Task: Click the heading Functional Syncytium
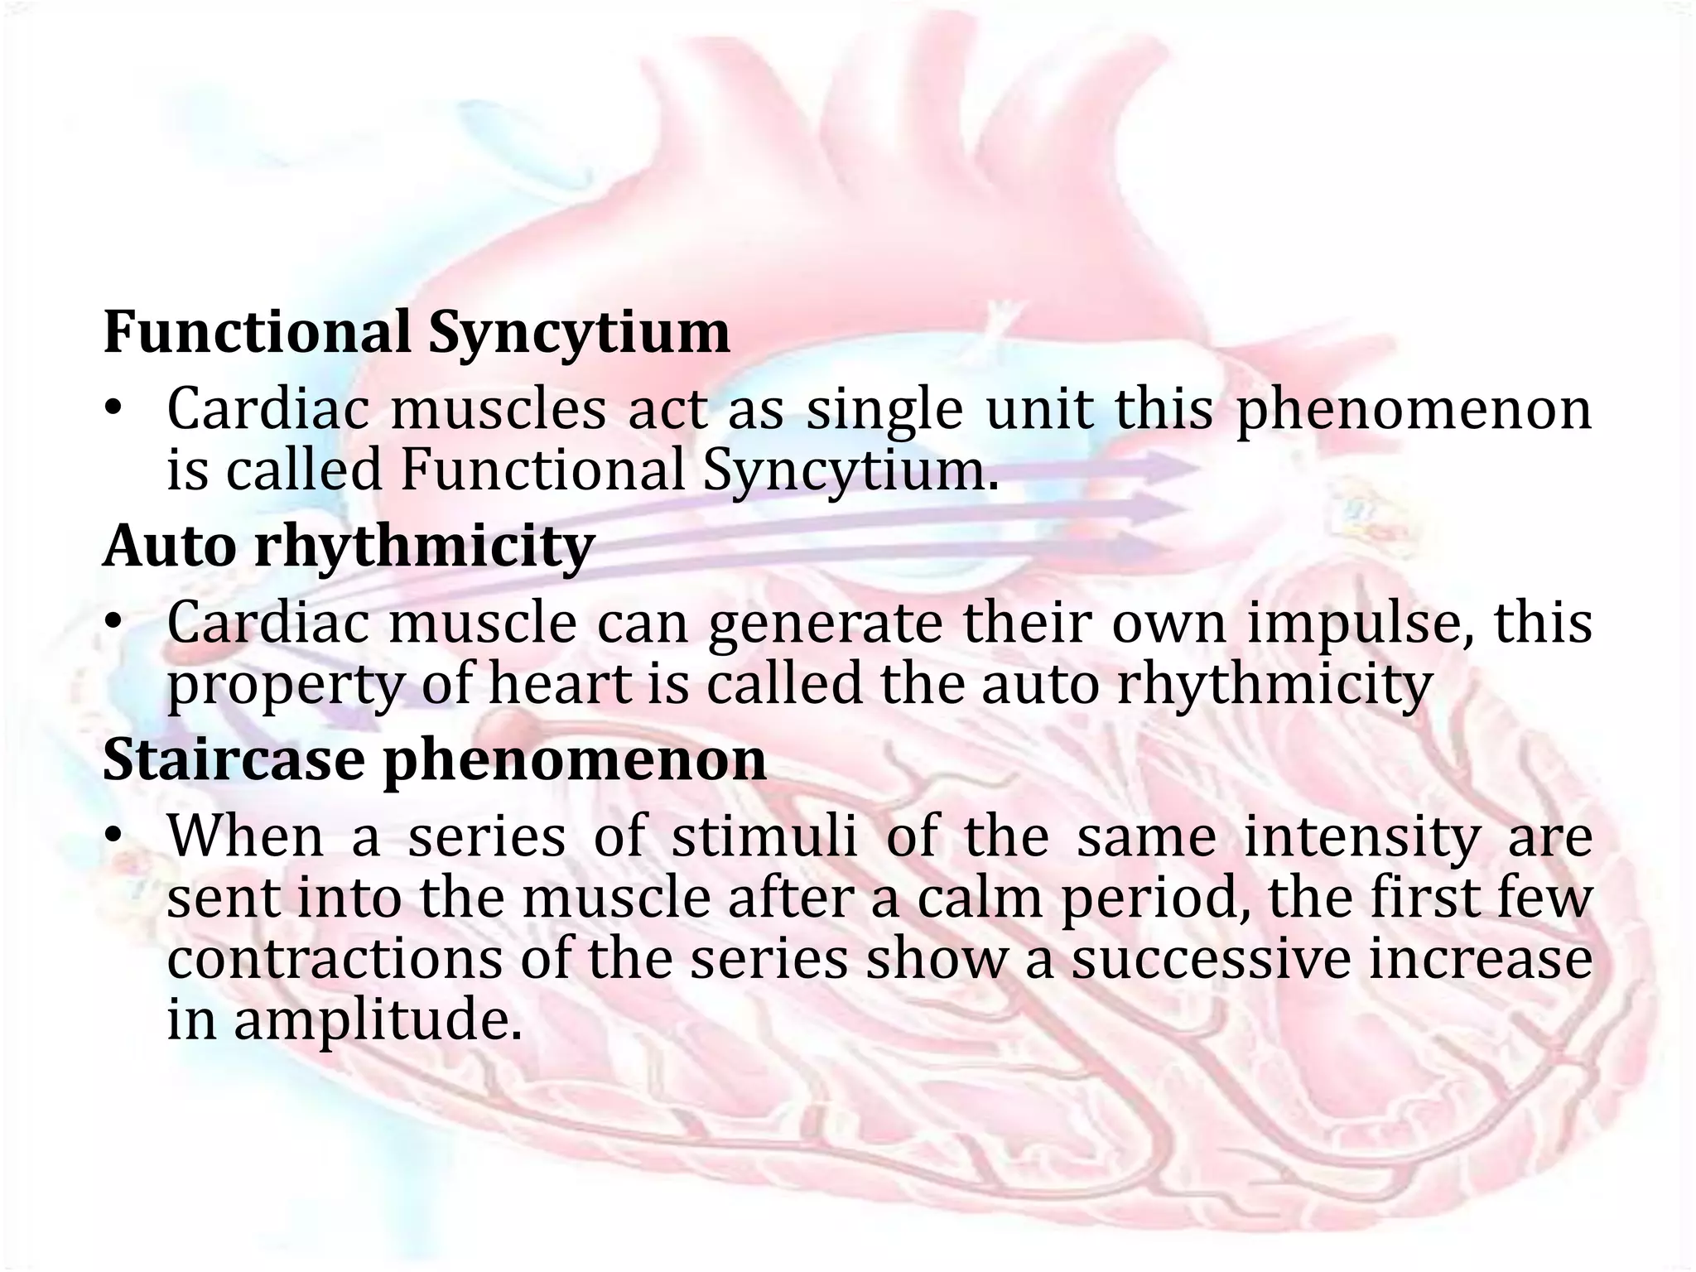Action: coord(417,332)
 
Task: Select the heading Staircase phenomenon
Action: coord(434,759)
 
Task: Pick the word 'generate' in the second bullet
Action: coord(825,624)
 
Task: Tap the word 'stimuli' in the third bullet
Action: coord(764,836)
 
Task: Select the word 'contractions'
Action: coord(334,960)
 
